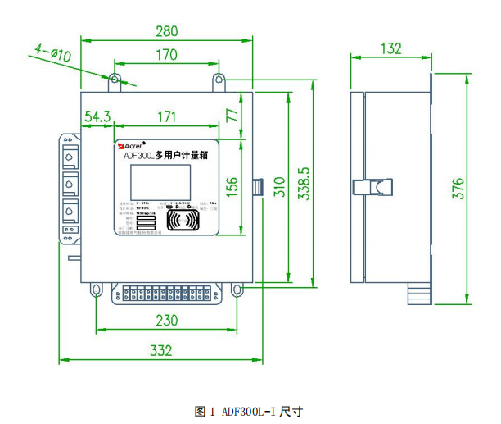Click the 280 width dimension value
(x=166, y=32)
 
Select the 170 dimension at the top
(x=166, y=55)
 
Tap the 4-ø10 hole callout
(x=53, y=54)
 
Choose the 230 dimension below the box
(x=166, y=320)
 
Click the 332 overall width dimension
(x=161, y=350)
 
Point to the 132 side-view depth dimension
(x=392, y=48)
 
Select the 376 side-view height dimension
(x=458, y=187)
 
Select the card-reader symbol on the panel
(x=182, y=220)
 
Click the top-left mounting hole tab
(x=115, y=80)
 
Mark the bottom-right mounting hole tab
(x=237, y=290)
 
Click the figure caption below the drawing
(x=249, y=410)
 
